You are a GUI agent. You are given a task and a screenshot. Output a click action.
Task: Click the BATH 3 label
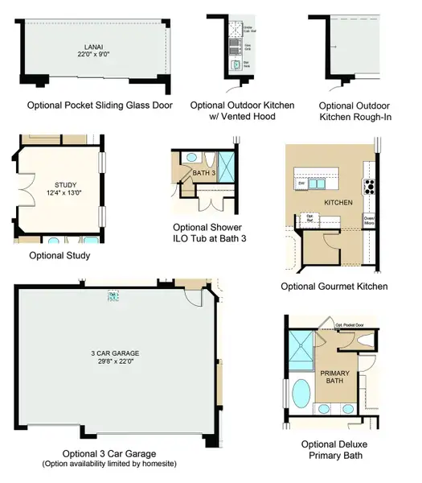tap(202, 173)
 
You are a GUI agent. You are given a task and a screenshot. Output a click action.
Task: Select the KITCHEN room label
tap(337, 201)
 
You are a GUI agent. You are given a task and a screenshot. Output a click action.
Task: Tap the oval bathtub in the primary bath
tap(301, 395)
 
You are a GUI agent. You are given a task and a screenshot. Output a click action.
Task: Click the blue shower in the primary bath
tap(302, 347)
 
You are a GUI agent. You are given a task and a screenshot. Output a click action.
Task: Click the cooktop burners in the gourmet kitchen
tap(371, 187)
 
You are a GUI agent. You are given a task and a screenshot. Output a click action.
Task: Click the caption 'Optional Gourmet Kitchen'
tap(334, 287)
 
